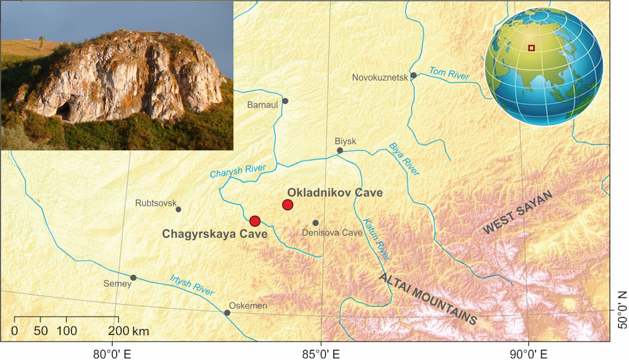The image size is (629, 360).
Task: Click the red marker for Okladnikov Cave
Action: pyautogui.click(x=287, y=205)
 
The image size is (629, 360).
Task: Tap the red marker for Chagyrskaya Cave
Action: pyautogui.click(x=255, y=221)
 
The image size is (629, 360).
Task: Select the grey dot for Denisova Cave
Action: pyautogui.click(x=316, y=223)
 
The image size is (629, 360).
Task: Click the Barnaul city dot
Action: pyautogui.click(x=285, y=101)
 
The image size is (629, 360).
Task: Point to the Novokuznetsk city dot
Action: pyautogui.click(x=413, y=76)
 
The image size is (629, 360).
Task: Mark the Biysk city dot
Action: pyautogui.click(x=340, y=150)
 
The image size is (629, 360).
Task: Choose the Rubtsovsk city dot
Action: pyautogui.click(x=178, y=210)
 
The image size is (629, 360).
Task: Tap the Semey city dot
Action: pyautogui.click(x=133, y=278)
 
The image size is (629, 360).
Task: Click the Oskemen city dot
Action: pyautogui.click(x=227, y=313)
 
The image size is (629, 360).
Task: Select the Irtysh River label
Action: pyautogui.click(x=192, y=286)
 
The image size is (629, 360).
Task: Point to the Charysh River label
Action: pyautogui.click(x=238, y=171)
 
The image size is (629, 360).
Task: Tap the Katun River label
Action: pyautogui.click(x=376, y=239)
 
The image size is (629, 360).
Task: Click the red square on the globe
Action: pyautogui.click(x=532, y=48)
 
